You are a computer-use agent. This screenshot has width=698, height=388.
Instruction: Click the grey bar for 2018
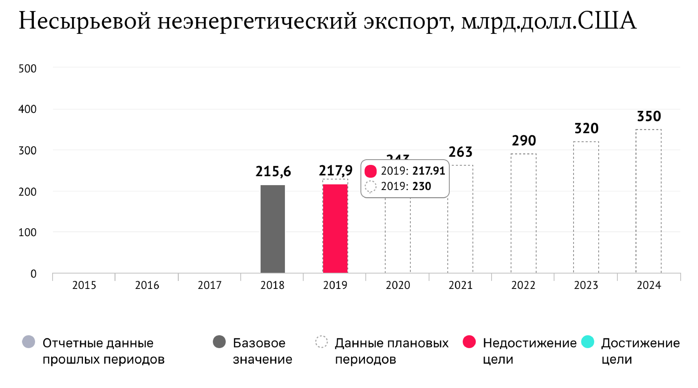click(273, 229)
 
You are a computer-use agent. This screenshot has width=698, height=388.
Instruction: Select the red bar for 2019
click(335, 229)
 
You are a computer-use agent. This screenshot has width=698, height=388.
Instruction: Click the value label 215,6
click(273, 172)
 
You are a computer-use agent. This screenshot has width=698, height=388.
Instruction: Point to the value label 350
click(649, 116)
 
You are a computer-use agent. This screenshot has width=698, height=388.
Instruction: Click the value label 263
click(461, 152)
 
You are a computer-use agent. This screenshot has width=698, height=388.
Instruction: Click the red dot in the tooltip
click(370, 171)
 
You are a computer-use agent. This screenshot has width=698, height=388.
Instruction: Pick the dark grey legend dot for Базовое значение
click(219, 342)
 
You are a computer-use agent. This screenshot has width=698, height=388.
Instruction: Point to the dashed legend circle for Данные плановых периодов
click(321, 342)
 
